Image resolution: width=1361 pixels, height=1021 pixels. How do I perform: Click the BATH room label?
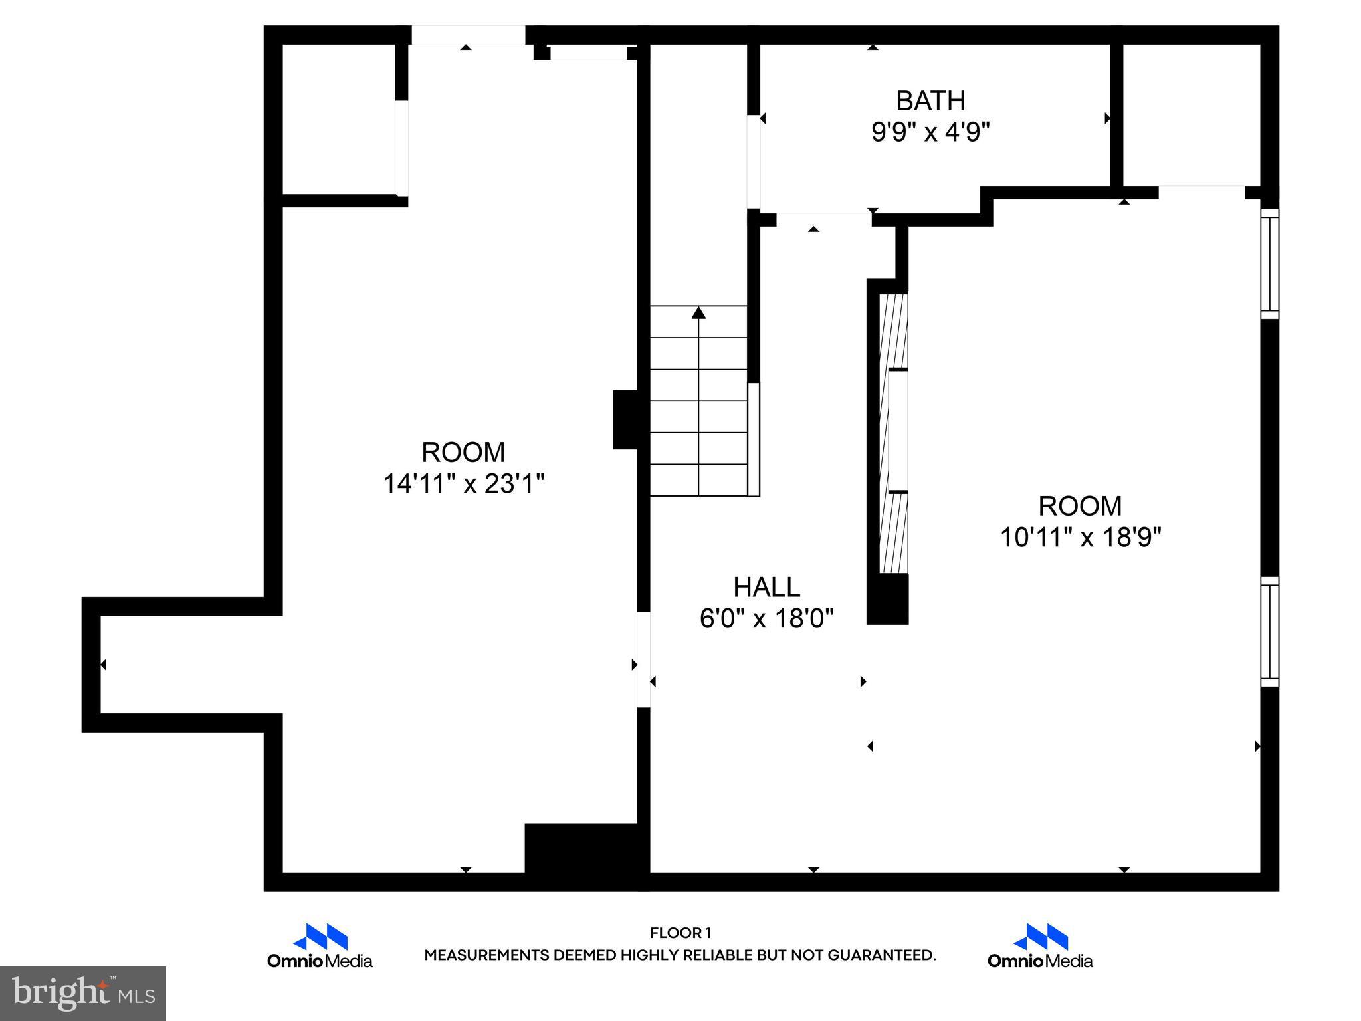coord(930,101)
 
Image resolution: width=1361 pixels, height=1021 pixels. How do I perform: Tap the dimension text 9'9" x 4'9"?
coord(930,132)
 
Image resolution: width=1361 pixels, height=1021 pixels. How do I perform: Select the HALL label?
coord(766,588)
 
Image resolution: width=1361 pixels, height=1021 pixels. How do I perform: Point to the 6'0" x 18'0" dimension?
coord(766,619)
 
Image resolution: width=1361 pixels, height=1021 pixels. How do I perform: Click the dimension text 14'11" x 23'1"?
coord(463,484)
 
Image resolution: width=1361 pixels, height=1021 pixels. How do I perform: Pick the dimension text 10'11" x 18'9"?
coord(1080,537)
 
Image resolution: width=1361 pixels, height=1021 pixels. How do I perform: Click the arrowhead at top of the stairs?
coord(698,312)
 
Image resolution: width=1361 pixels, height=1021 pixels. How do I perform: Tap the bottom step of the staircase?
coord(698,480)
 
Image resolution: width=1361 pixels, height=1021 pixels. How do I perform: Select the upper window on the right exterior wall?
coord(1269,264)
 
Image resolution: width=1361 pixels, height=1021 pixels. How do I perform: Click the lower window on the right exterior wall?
coord(1269,631)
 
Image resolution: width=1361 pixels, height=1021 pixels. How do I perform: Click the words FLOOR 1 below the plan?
coord(680,933)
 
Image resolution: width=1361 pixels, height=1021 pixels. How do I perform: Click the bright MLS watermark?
coord(82,994)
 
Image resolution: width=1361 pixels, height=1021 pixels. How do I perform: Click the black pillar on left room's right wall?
coord(625,419)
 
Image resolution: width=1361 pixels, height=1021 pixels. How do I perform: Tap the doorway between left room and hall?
coord(643,659)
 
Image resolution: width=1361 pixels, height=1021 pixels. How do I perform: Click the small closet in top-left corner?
coord(339,120)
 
